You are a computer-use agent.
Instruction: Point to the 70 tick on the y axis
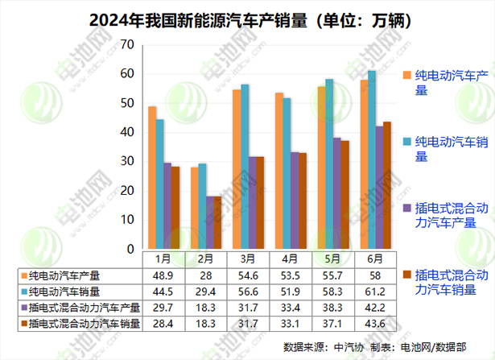(126, 45)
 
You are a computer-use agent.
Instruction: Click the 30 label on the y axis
(126, 161)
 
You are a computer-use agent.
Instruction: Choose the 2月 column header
(205, 259)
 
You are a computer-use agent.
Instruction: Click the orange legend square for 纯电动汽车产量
(407, 75)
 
